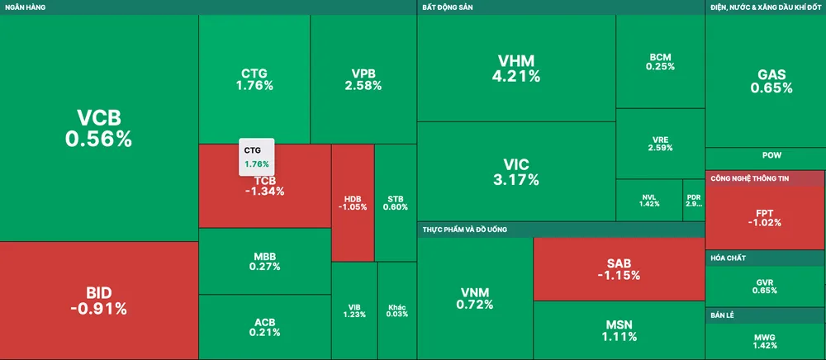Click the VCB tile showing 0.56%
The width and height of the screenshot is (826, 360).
[x=98, y=128]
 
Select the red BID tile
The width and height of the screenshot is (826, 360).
[x=98, y=301]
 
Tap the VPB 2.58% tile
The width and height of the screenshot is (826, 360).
[x=363, y=79]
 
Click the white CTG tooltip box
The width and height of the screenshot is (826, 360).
[x=256, y=156]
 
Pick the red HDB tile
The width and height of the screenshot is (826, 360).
[x=353, y=202]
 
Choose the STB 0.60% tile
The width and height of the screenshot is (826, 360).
[x=396, y=202]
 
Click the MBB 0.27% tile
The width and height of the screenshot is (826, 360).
[x=264, y=261]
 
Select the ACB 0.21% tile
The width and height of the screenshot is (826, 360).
[x=264, y=327]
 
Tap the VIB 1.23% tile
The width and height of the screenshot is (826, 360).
[x=354, y=310]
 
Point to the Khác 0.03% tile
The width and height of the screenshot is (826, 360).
[x=397, y=310]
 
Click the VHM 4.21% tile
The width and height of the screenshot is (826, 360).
[x=516, y=69]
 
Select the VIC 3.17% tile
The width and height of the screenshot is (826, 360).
[x=516, y=171]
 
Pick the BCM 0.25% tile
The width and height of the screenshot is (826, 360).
[x=660, y=62]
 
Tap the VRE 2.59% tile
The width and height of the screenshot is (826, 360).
[x=660, y=144]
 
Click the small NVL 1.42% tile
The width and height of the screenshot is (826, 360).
[x=649, y=200]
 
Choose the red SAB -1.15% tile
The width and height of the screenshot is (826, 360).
[x=619, y=268]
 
